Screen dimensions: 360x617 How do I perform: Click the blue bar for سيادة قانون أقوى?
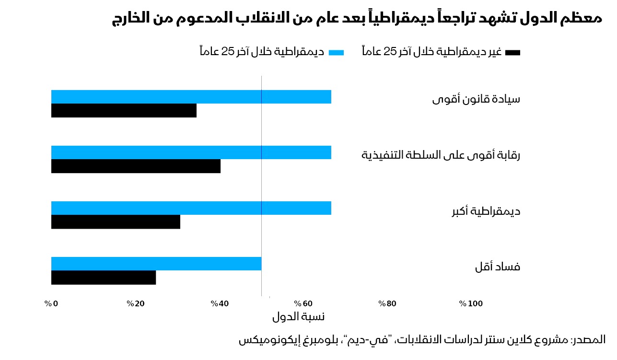pyautogui.click(x=191, y=97)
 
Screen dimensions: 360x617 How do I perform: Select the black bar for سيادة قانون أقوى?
pyautogui.click(x=124, y=111)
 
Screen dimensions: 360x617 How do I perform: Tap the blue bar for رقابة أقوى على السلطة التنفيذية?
pyautogui.click(x=191, y=152)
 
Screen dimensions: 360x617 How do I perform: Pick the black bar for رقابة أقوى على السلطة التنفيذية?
pyautogui.click(x=136, y=166)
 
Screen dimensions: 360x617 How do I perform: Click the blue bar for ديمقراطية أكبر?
pyautogui.click(x=191, y=208)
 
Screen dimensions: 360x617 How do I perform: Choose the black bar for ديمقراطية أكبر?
pyautogui.click(x=116, y=222)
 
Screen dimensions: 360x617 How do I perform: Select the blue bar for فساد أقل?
pyautogui.click(x=156, y=264)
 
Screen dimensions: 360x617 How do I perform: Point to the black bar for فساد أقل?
pyautogui.click(x=104, y=278)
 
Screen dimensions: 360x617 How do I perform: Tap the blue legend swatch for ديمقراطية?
pyautogui.click(x=336, y=53)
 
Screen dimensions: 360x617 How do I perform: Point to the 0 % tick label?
pyautogui.click(x=51, y=304)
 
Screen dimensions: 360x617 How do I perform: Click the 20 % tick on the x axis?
pyautogui.click(x=136, y=304)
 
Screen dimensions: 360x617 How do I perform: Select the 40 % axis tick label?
pyautogui.click(x=220, y=304)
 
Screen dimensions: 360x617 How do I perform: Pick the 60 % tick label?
pyautogui.click(x=303, y=304)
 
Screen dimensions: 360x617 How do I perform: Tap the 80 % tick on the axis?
pyautogui.click(x=387, y=304)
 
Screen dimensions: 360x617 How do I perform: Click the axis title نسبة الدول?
pyautogui.click(x=298, y=317)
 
